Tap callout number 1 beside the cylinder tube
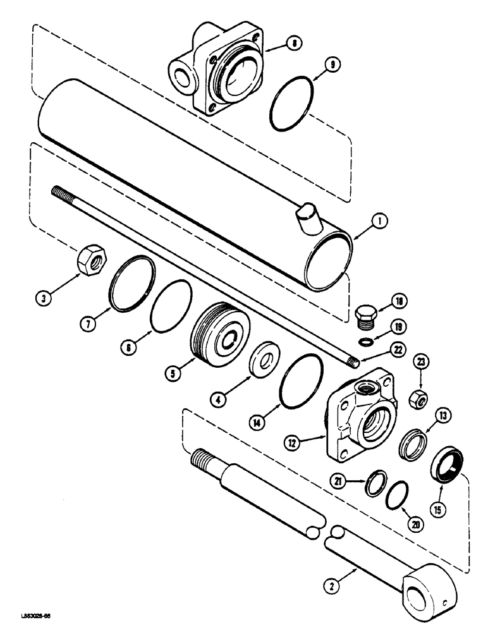(380, 221)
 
